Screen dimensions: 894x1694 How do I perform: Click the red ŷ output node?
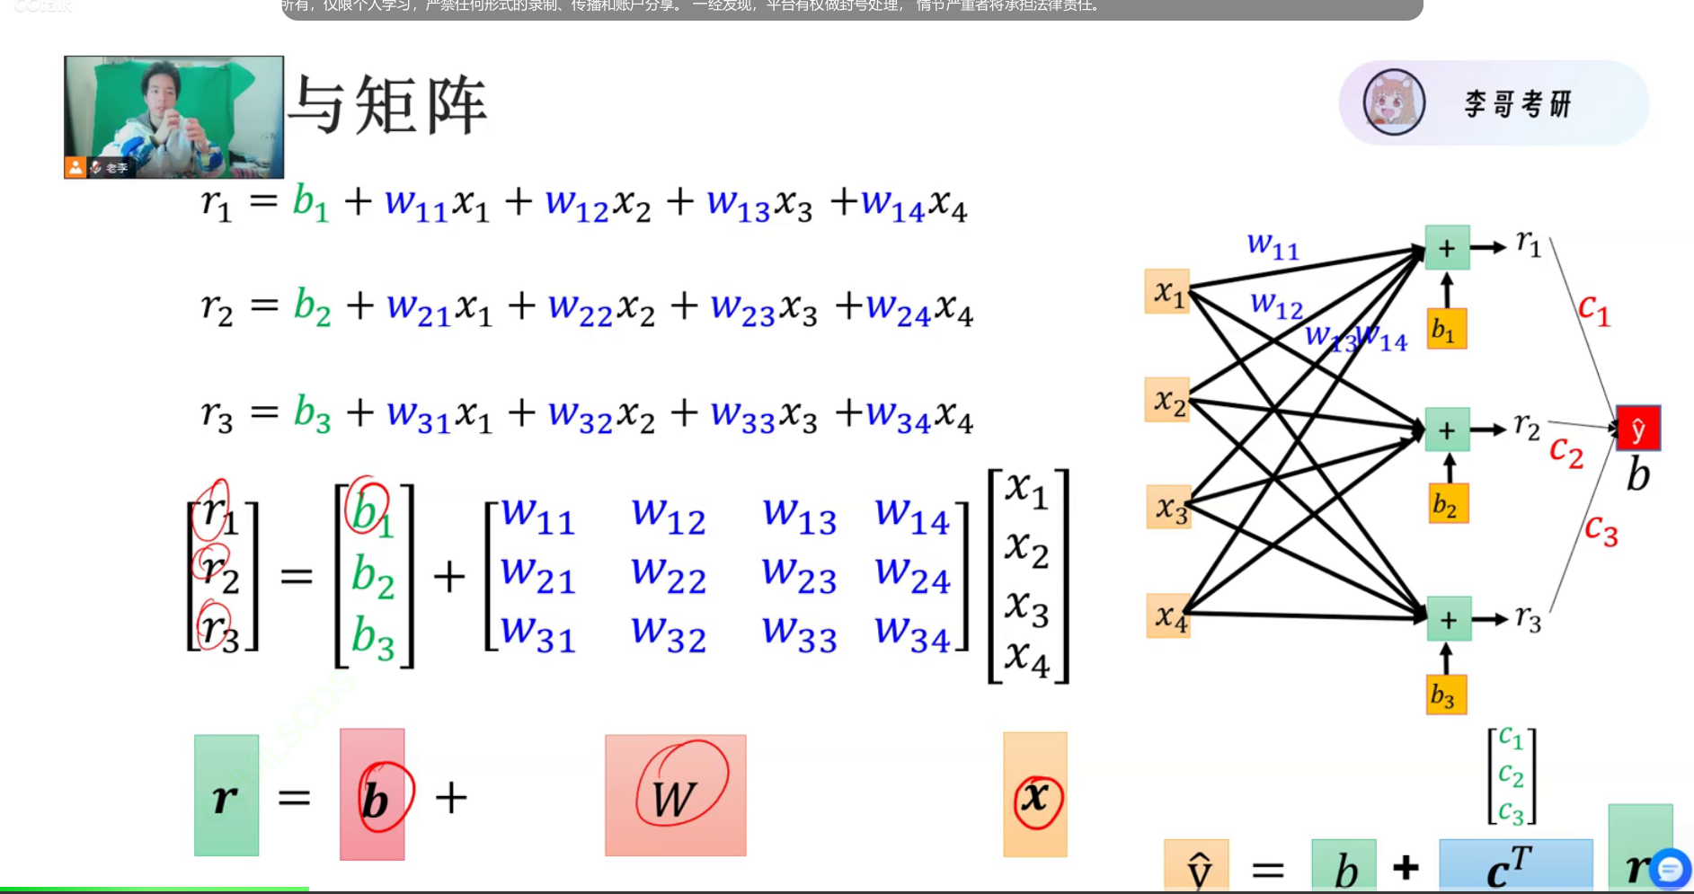tap(1637, 429)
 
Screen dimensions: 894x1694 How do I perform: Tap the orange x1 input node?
tap(1167, 291)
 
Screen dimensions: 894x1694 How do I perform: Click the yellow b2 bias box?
tap(1447, 504)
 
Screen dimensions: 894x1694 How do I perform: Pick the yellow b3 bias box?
tap(1446, 695)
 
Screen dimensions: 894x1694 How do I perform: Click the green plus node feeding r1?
tap(1447, 248)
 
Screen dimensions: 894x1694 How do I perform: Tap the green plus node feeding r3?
tap(1449, 619)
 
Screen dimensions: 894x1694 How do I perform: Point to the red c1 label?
tap(1594, 310)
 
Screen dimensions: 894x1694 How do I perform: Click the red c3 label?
tap(1601, 530)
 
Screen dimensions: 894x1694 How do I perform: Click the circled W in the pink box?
tap(676, 796)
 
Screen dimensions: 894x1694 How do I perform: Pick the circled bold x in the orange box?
tap(1036, 796)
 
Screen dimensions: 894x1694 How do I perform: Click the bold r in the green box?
tap(226, 797)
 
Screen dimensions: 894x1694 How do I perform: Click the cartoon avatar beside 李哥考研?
tap(1394, 102)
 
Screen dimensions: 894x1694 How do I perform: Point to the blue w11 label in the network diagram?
tap(1273, 245)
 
